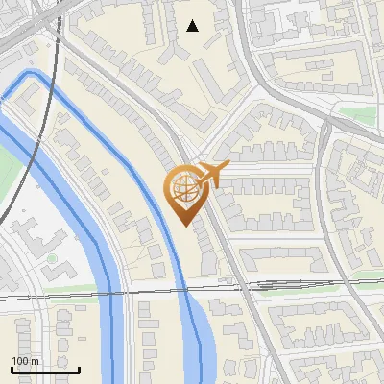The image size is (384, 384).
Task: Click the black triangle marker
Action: pyautogui.click(x=192, y=26)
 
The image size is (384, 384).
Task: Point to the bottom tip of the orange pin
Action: pyautogui.click(x=182, y=226)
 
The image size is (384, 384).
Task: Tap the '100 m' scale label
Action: pyautogui.click(x=25, y=361)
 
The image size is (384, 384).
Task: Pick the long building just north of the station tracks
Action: pyautogui.click(x=278, y=259)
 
